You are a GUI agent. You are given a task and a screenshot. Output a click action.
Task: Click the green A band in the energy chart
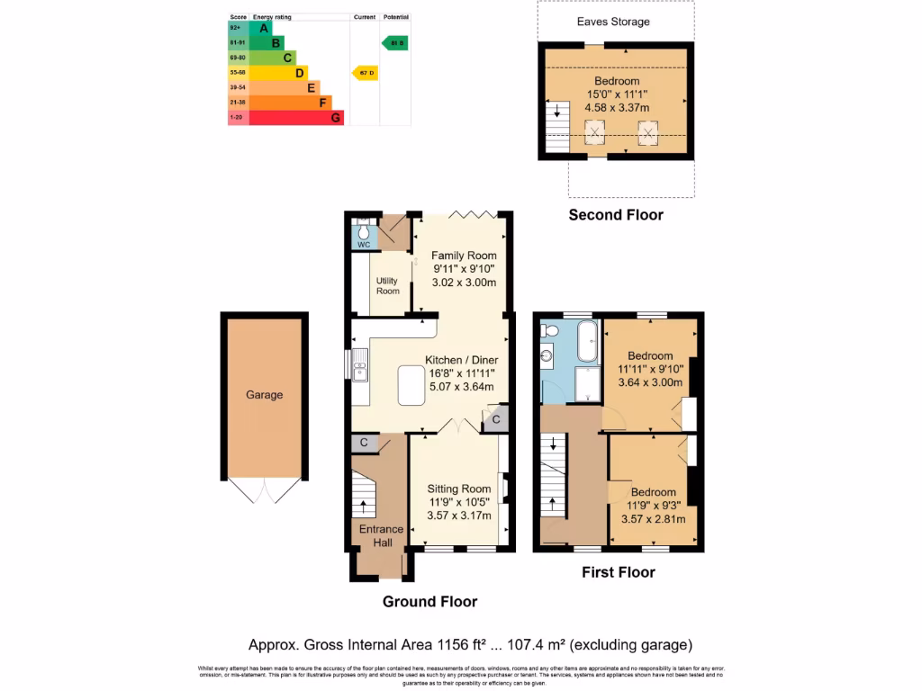pos(263,28)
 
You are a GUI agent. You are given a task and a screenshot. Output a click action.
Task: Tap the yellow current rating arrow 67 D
pos(364,73)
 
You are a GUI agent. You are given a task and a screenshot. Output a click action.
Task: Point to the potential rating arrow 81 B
pos(394,42)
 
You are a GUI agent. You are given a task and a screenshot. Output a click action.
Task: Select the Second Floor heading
pos(616,215)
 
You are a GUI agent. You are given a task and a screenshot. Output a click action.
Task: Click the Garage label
pos(265,395)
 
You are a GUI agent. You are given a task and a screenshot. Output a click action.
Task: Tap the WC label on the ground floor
pos(364,245)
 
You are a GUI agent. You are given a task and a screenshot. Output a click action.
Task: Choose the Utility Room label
pos(387,286)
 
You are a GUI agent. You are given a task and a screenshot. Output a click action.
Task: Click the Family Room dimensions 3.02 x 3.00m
pos(464,282)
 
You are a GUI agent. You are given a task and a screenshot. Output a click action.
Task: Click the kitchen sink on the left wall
pos(359,370)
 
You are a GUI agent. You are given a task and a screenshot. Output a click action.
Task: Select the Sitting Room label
pos(459,489)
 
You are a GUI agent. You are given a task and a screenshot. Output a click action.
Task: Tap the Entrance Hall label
pos(382,536)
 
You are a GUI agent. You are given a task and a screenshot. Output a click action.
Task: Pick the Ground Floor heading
pos(429,601)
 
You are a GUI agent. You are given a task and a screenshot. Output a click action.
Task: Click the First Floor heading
pos(618,572)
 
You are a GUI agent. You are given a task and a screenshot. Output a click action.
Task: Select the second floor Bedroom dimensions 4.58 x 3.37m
pos(616,107)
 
